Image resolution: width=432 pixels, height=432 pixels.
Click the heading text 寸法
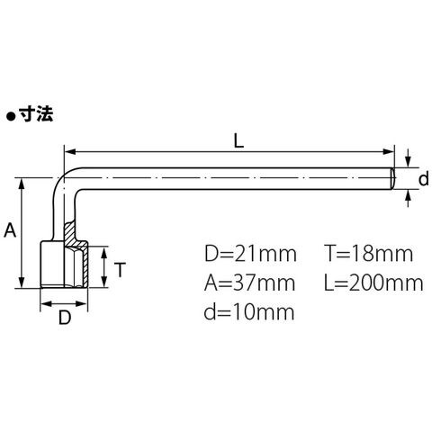tap(36, 114)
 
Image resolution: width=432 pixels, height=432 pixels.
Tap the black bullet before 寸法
tap(12, 116)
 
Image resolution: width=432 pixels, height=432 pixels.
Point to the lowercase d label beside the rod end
tap(423, 179)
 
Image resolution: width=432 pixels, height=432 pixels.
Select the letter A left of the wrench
tap(10, 230)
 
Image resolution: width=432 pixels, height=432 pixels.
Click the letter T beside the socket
tap(120, 269)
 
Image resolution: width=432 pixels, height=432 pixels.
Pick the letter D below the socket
tap(65, 318)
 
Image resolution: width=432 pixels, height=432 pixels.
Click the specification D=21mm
tap(250, 254)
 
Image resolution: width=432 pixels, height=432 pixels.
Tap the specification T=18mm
tap(369, 254)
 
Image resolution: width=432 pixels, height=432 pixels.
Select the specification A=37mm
tap(250, 283)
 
